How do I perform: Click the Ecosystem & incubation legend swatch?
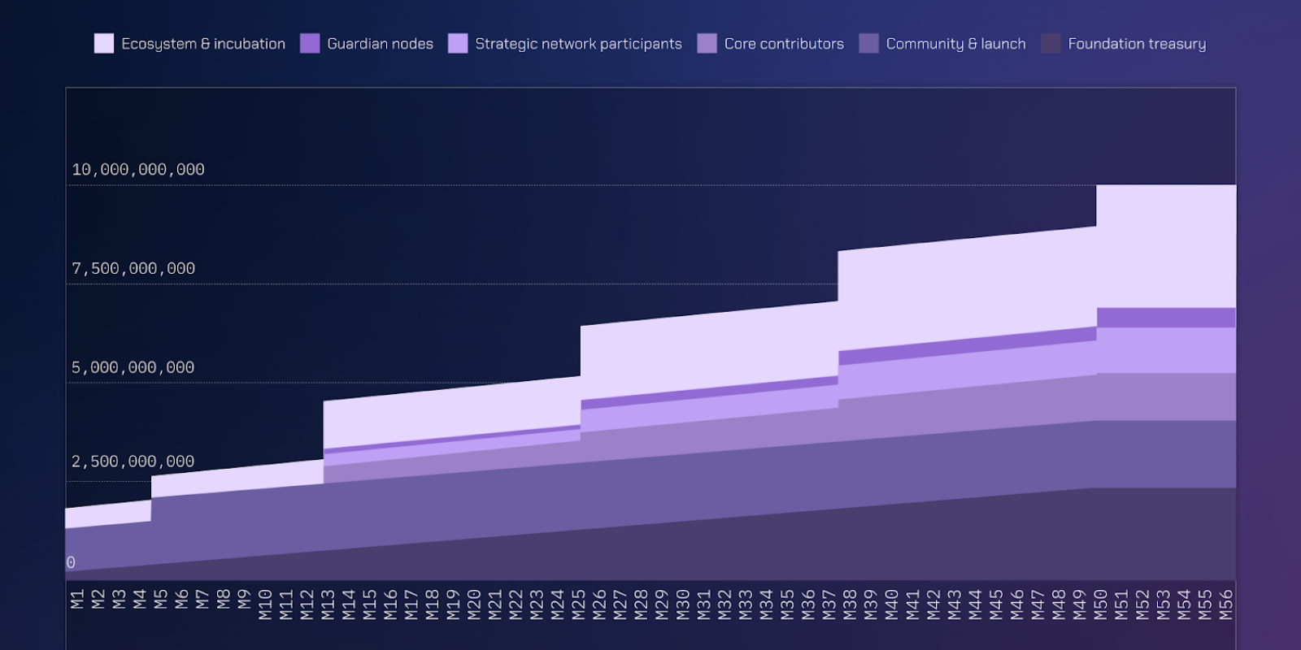tap(104, 44)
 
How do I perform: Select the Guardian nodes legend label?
tap(380, 44)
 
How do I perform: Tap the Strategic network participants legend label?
tap(578, 44)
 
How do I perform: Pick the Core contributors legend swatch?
tap(707, 44)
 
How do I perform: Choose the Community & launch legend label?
tap(955, 44)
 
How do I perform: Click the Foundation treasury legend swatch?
tap(1051, 44)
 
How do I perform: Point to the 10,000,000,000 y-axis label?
tap(138, 170)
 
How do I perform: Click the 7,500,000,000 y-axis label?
tap(133, 269)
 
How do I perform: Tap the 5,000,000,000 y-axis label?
tap(133, 368)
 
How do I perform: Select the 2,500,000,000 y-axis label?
tap(133, 461)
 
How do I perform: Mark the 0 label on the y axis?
tap(71, 562)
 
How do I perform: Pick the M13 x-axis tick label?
tap(328, 605)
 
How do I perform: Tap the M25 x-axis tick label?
tap(578, 605)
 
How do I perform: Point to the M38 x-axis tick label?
tap(850, 605)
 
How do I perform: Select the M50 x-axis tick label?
tap(1100, 605)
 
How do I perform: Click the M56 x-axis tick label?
tap(1225, 605)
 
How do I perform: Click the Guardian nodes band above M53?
tap(1163, 318)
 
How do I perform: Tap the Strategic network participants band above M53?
tap(1163, 350)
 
